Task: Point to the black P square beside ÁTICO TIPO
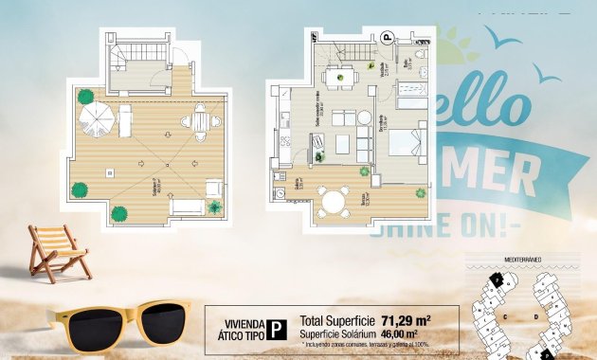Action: point(276,328)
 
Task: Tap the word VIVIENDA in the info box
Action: point(238,321)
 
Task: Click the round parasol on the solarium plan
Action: point(96,119)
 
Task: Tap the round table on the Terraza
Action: point(332,200)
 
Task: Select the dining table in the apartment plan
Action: point(337,76)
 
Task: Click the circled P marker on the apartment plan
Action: point(387,39)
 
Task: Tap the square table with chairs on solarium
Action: point(200,121)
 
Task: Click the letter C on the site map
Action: point(507,315)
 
